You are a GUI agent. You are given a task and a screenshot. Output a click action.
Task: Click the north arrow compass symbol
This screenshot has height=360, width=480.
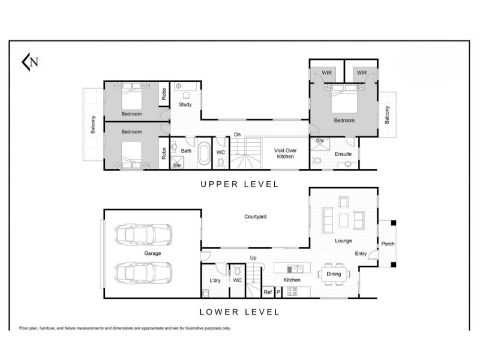pyautogui.click(x=30, y=62)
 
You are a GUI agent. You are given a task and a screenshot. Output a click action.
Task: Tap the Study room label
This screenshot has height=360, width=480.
pyautogui.click(x=185, y=104)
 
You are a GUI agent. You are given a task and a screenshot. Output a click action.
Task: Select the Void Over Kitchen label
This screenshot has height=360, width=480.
pyautogui.click(x=286, y=154)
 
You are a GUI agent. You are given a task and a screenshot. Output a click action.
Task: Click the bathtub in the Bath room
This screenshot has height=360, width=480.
pyautogui.click(x=204, y=155)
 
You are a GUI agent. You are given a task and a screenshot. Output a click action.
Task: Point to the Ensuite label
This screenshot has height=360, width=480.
pyautogui.click(x=343, y=154)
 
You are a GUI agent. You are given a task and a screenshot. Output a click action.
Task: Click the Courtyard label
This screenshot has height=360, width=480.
pyautogui.click(x=256, y=217)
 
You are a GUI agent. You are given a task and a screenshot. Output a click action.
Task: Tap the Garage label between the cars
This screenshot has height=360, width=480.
pyautogui.click(x=152, y=253)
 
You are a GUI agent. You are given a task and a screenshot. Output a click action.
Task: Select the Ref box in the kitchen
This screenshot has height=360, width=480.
pyautogui.click(x=268, y=292)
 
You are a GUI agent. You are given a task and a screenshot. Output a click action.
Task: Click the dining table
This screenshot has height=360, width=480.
pyautogui.click(x=334, y=274)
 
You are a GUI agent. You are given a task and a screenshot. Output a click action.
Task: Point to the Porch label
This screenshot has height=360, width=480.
pyautogui.click(x=388, y=244)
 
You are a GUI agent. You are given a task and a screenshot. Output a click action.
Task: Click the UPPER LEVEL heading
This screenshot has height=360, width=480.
pyautogui.click(x=239, y=184)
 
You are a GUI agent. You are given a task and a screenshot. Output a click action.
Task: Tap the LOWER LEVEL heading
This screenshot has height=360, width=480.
pyautogui.click(x=239, y=312)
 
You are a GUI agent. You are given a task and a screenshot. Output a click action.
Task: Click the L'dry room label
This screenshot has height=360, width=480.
pyautogui.click(x=215, y=280)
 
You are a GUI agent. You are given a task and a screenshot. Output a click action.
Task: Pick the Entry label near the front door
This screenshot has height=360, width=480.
pyautogui.click(x=361, y=253)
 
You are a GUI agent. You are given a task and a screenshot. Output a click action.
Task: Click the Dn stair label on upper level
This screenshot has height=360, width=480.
pyautogui.click(x=237, y=134)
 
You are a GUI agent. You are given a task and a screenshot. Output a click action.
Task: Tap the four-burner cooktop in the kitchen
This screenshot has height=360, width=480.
pyautogui.click(x=292, y=291)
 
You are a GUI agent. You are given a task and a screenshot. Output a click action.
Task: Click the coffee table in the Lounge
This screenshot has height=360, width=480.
pyautogui.click(x=343, y=220)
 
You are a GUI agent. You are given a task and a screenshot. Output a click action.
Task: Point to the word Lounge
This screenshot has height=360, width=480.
pyautogui.click(x=343, y=241)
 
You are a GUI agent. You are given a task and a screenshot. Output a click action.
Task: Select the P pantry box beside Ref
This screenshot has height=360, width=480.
pyautogui.click(x=278, y=292)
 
